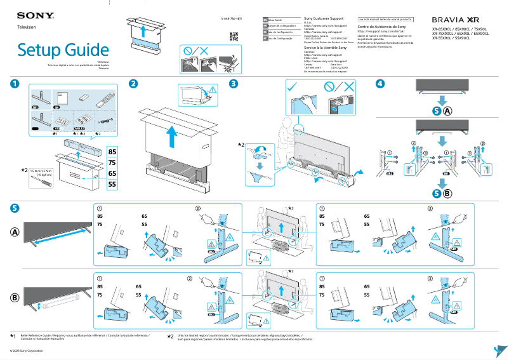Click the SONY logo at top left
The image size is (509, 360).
point(30,15)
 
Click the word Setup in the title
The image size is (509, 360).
point(42,50)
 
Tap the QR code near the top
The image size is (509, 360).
point(233,36)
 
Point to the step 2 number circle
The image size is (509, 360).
point(133,84)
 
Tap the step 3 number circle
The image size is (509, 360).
point(234,84)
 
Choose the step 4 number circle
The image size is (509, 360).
point(380,84)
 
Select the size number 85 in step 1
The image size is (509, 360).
point(112,152)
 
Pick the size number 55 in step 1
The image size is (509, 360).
point(112,185)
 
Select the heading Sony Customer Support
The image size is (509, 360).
point(326,20)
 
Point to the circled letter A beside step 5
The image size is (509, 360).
point(15,232)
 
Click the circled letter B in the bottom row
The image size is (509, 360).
point(15,297)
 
